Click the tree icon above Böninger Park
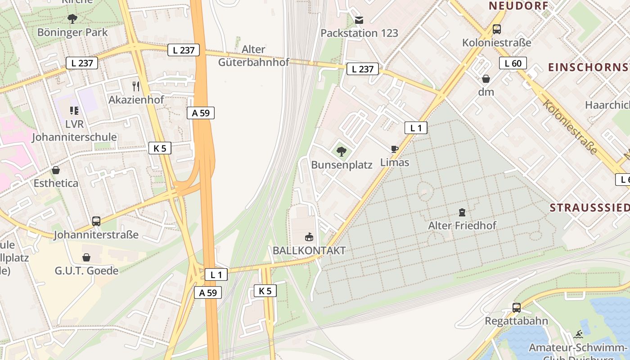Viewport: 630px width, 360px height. [x=72, y=18]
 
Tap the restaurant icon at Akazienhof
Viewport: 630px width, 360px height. [x=136, y=86]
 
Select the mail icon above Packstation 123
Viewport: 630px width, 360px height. [x=359, y=20]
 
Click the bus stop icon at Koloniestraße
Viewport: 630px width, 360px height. [x=496, y=29]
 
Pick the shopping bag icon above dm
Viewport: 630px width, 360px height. [x=486, y=79]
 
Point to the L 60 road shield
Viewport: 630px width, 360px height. [x=513, y=63]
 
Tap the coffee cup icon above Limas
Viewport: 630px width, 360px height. [x=395, y=149]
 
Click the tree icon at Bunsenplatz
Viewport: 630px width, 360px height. [x=342, y=151]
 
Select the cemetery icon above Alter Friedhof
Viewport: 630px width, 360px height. [x=462, y=212]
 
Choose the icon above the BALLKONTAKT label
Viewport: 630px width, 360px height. [x=309, y=237]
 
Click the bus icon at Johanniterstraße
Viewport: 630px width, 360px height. [x=96, y=221]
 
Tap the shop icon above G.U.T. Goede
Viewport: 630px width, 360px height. [x=86, y=257]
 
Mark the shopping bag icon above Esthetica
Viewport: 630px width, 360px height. [x=56, y=170]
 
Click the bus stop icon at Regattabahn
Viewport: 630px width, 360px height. [x=516, y=308]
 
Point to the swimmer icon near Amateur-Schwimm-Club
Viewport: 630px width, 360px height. [x=579, y=334]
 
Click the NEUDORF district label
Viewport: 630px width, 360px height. [x=518, y=6]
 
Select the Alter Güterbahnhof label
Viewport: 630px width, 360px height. [x=253, y=55]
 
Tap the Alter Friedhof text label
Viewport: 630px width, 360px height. [x=462, y=225]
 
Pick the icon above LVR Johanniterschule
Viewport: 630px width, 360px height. [x=74, y=111]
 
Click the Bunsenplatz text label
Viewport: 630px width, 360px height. [x=342, y=165]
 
